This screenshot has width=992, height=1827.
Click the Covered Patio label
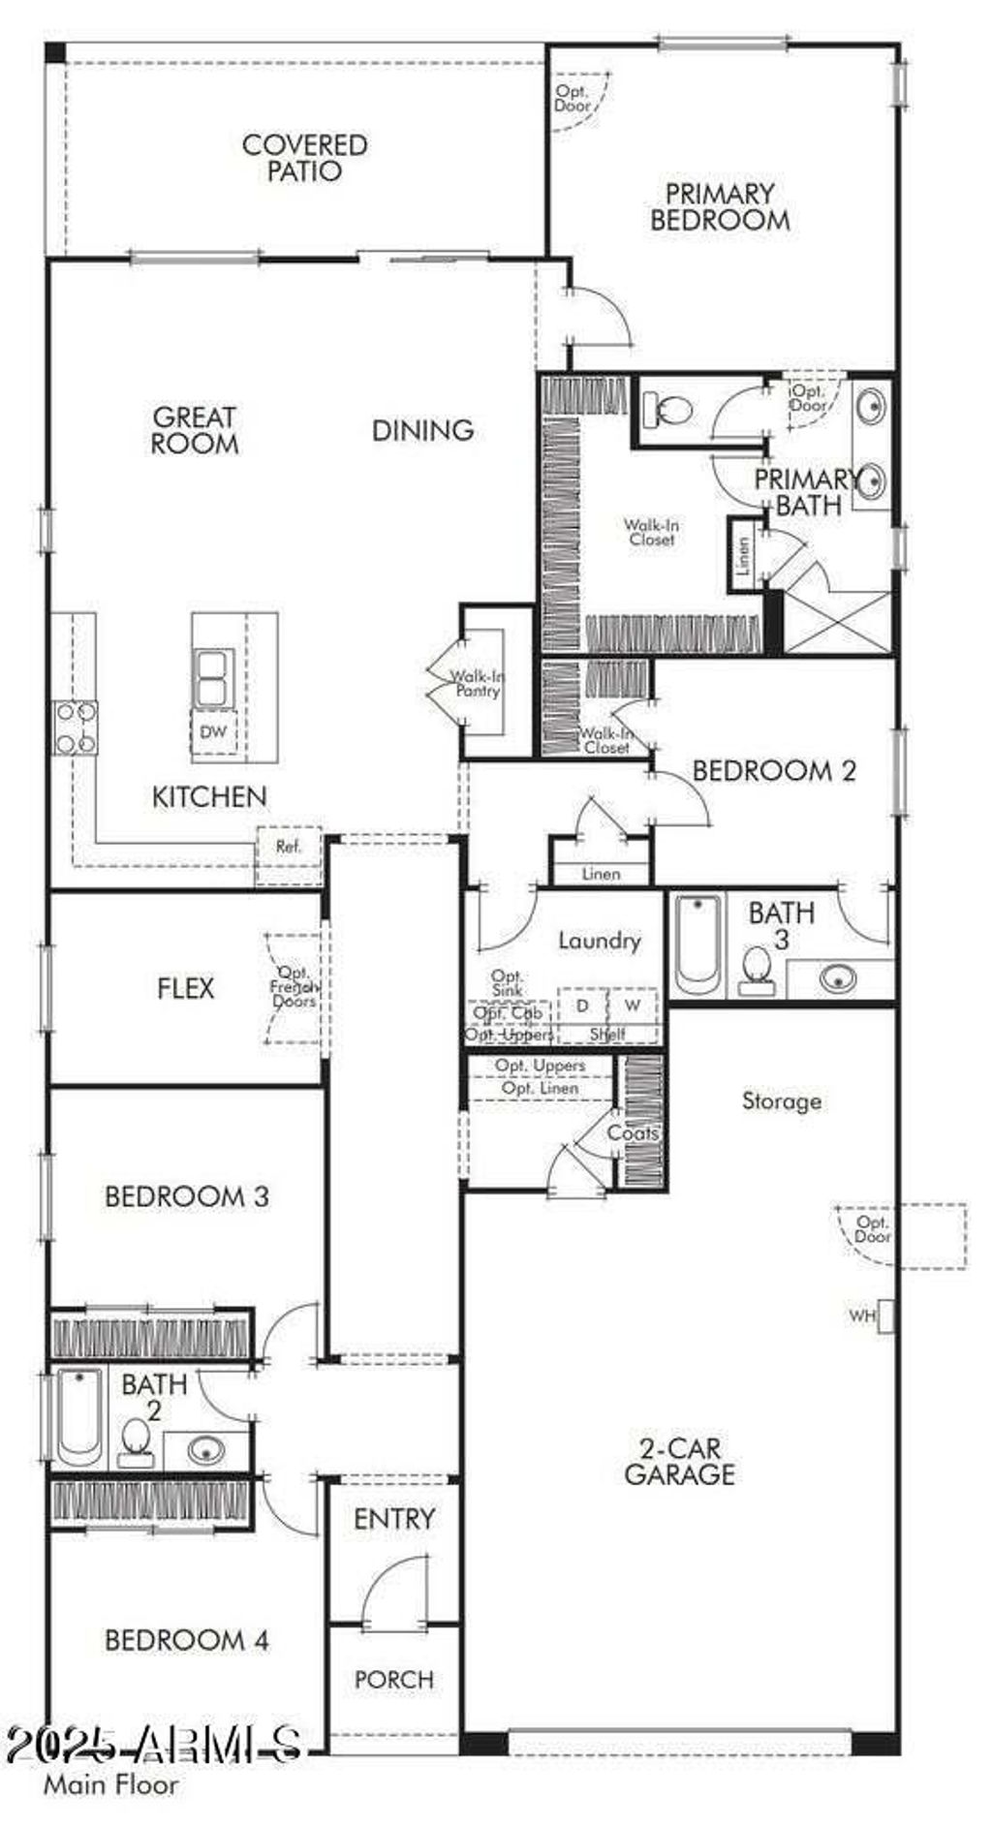[304, 158]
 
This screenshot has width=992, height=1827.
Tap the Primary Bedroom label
[720, 206]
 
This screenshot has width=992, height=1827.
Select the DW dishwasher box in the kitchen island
[213, 731]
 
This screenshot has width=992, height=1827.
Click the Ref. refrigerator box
[289, 847]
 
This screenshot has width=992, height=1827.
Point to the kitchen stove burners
[75, 728]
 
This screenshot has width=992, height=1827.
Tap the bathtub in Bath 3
[697, 944]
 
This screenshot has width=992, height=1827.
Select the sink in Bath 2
[206, 1450]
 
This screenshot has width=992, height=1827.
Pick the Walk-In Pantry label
[479, 684]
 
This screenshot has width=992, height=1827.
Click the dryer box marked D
[582, 1006]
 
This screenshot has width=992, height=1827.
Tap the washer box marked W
[633, 1006]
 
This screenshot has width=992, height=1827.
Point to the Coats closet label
[633, 1132]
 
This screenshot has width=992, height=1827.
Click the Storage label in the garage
[782, 1100]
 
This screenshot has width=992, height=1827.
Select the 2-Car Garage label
[679, 1462]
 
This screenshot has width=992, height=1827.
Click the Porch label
[394, 1679]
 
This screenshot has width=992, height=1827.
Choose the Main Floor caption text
[110, 1783]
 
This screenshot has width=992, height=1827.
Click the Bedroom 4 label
[186, 1640]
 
